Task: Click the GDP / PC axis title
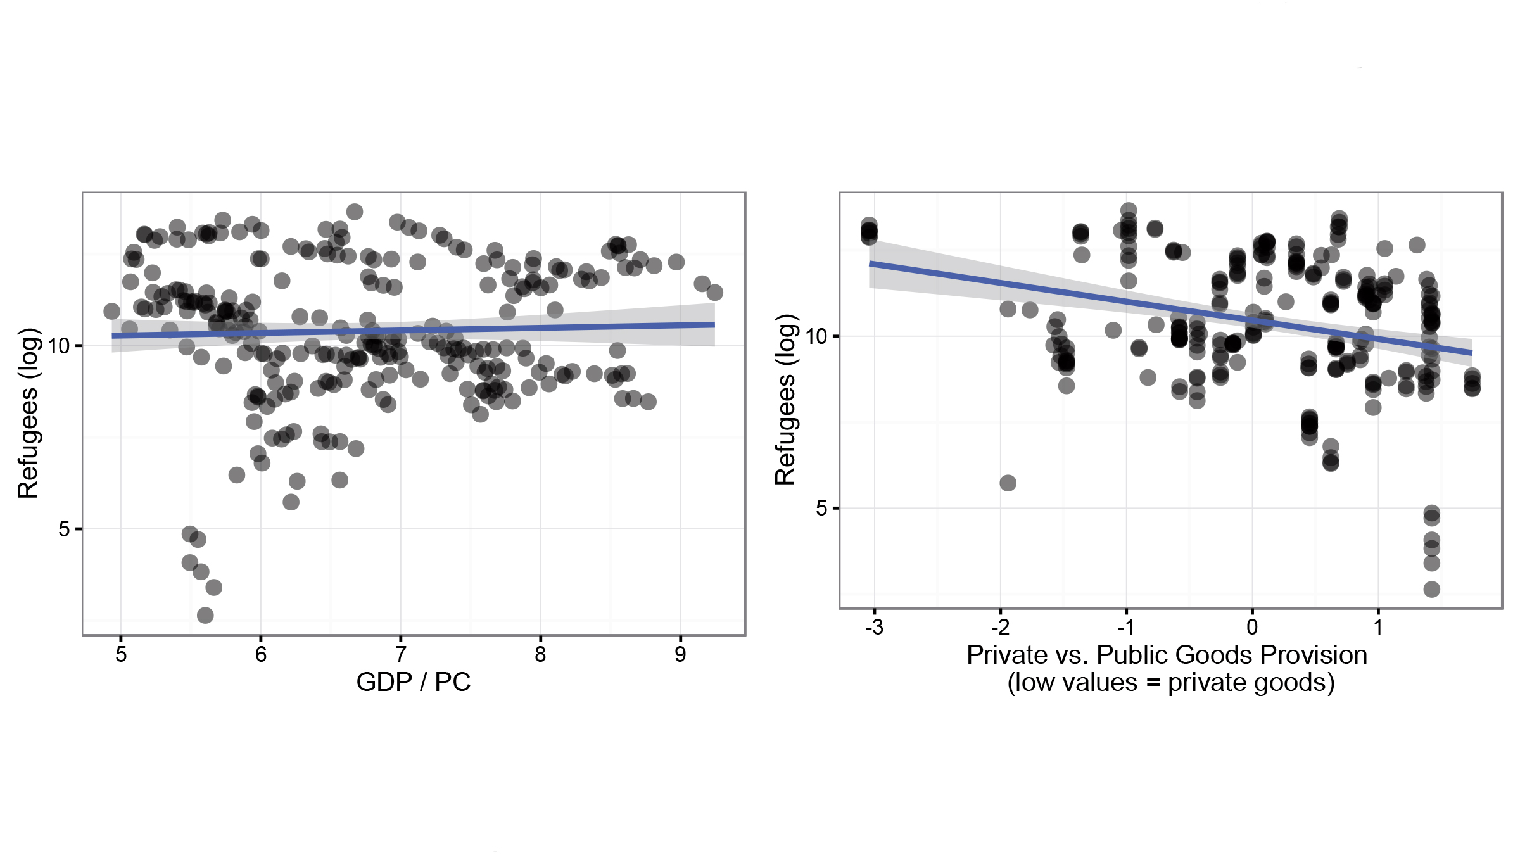pyautogui.click(x=413, y=682)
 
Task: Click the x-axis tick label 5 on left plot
pyautogui.click(x=121, y=654)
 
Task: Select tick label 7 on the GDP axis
pyautogui.click(x=400, y=654)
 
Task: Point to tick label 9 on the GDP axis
pyautogui.click(x=680, y=654)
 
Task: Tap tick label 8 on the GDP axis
pyautogui.click(x=540, y=654)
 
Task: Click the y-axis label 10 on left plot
pyautogui.click(x=58, y=346)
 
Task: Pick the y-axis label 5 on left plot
pyautogui.click(x=64, y=529)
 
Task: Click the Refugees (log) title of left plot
pyautogui.click(x=28, y=413)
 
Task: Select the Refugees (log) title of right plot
pyautogui.click(x=785, y=400)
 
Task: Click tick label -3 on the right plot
pyautogui.click(x=874, y=627)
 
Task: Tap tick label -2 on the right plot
pyautogui.click(x=1000, y=627)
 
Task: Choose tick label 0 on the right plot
pyautogui.click(x=1252, y=627)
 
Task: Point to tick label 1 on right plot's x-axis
pyautogui.click(x=1378, y=627)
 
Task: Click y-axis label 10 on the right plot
pyautogui.click(x=817, y=336)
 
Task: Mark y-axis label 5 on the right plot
pyautogui.click(x=821, y=508)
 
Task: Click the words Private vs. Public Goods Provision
pyautogui.click(x=1167, y=655)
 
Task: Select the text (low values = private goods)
pyautogui.click(x=1171, y=683)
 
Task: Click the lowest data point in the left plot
pyautogui.click(x=205, y=615)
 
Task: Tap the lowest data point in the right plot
pyautogui.click(x=1432, y=590)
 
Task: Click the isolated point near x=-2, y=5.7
pyautogui.click(x=1008, y=483)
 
